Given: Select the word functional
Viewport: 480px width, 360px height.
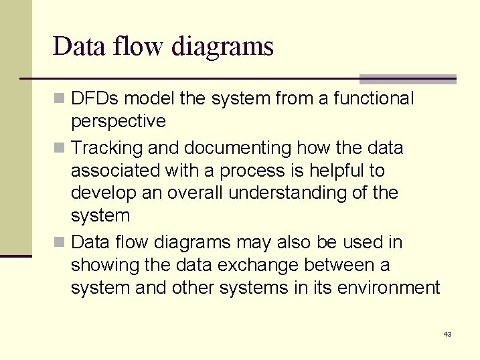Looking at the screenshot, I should (x=373, y=99).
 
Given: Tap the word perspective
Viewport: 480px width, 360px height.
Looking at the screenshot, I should (x=118, y=122).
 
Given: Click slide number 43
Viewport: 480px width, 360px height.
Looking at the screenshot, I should (x=447, y=334).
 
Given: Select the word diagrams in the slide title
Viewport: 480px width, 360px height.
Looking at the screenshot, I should (x=222, y=46).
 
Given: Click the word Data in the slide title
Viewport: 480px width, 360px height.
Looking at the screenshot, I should (x=76, y=46).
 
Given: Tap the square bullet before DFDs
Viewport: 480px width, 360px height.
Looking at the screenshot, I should (x=60, y=99).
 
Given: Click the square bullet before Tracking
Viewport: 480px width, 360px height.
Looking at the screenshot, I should (x=60, y=147).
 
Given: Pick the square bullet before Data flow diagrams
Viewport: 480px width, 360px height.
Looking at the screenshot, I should (x=60, y=242).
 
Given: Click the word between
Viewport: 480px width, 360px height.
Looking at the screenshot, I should (x=337, y=265).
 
